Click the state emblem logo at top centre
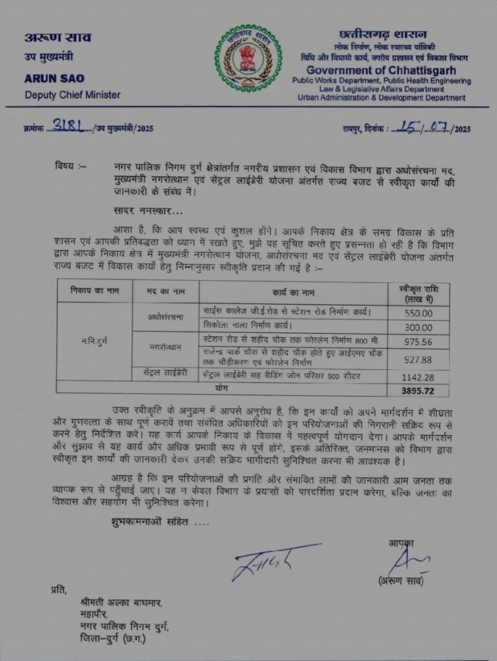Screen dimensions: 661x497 click(248, 57)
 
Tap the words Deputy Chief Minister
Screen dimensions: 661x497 click(72, 95)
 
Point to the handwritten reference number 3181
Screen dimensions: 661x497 click(69, 126)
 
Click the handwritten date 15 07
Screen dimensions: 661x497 click(420, 127)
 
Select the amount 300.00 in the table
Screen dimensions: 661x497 click(418, 327)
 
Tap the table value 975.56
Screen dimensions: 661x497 click(418, 342)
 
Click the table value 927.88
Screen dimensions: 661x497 click(418, 359)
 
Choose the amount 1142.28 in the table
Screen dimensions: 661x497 click(418, 377)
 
